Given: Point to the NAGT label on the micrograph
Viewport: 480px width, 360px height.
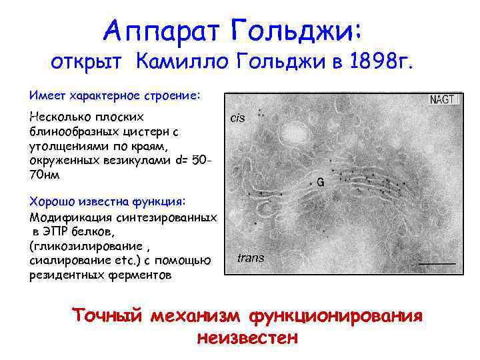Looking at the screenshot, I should coord(442,99).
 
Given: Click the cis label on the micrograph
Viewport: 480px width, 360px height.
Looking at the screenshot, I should coord(237,118).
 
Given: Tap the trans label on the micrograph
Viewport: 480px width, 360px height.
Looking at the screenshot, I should coord(251,257).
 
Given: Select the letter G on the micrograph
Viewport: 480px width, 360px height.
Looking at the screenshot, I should coord(320,180).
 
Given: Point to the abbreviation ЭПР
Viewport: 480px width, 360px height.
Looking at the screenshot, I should coord(55,231).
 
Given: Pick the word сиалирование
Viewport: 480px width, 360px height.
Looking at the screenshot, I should coord(69,261).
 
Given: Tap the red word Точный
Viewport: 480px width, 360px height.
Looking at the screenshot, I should coord(107,315).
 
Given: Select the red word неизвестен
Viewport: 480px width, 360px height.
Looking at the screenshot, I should coord(246,337).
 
